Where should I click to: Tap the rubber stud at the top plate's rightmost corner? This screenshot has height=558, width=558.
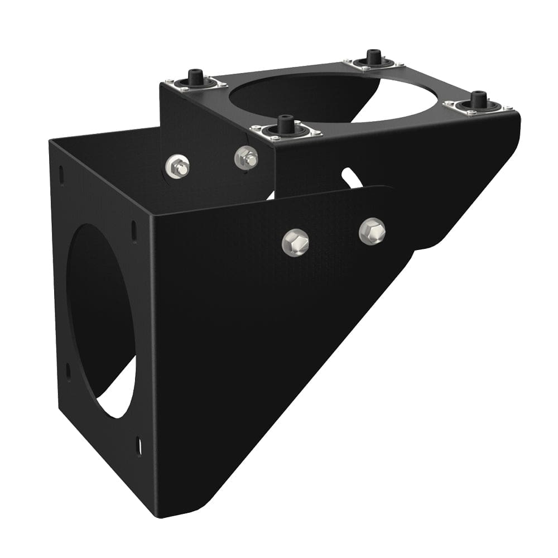coord(478,99)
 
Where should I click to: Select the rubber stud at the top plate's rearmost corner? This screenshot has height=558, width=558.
coord(373,57)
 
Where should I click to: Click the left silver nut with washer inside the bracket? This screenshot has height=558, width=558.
coord(177,166)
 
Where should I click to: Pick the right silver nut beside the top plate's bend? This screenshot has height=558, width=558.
coord(246,158)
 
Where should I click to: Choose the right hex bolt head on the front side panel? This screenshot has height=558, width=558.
coord(372,230)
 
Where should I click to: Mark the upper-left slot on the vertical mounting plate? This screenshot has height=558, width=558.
coord(61,175)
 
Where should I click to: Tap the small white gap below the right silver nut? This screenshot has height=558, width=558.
coord(271,195)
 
